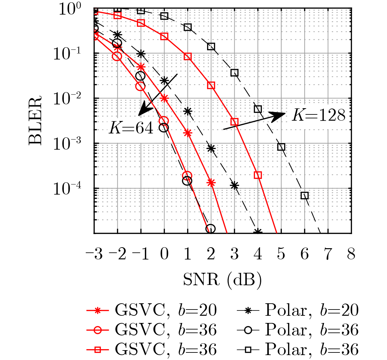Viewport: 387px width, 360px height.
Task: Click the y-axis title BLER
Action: (x=35, y=120)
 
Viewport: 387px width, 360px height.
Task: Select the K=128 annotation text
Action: (x=319, y=115)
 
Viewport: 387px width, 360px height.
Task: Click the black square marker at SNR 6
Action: (x=304, y=196)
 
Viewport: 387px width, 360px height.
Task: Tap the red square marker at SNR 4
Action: (x=258, y=175)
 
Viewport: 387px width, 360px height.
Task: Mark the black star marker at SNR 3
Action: (x=234, y=186)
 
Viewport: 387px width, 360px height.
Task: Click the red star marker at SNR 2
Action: (x=211, y=183)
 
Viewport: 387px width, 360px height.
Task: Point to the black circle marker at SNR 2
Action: (x=211, y=229)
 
